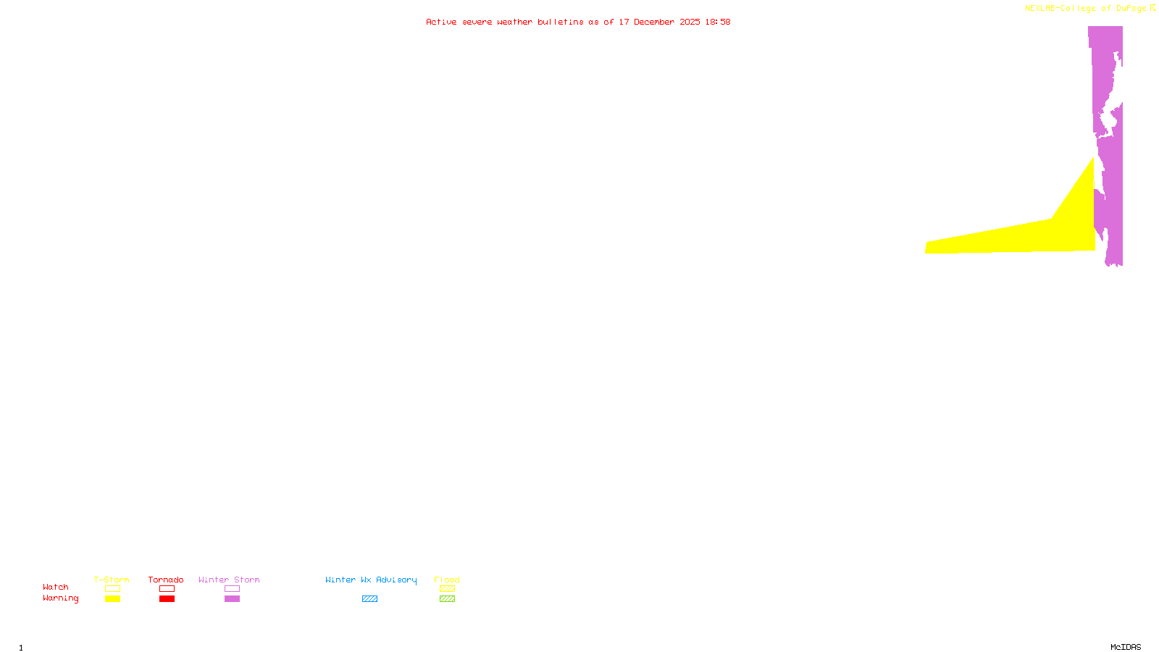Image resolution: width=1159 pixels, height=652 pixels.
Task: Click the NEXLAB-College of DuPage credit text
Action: (x=1085, y=9)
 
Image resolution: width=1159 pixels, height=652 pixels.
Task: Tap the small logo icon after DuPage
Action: (x=1152, y=8)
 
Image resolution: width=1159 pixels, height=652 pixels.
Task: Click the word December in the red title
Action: (x=654, y=22)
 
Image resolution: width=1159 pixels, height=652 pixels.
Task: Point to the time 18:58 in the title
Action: (x=717, y=22)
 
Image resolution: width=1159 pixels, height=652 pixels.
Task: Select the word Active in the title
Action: (x=441, y=22)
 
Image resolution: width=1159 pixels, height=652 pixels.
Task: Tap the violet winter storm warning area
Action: (x=1108, y=72)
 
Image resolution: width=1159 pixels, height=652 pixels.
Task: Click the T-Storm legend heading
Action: (x=112, y=580)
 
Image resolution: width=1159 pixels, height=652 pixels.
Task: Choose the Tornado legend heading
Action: (x=166, y=580)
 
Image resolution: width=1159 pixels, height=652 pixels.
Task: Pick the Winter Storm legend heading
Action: (x=229, y=580)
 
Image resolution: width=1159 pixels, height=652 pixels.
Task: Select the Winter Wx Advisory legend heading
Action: (x=371, y=580)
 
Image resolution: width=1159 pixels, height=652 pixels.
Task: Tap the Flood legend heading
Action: (x=447, y=580)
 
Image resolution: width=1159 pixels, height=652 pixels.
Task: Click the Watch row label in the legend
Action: (x=56, y=587)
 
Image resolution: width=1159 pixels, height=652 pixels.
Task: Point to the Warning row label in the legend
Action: (x=60, y=598)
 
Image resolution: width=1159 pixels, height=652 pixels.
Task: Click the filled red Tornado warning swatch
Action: (x=167, y=599)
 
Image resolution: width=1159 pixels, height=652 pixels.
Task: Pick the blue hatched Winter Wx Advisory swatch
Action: (x=369, y=599)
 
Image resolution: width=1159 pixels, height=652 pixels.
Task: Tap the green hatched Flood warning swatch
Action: (x=447, y=599)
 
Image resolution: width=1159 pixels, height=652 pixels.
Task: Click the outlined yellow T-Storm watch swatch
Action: (x=112, y=589)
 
